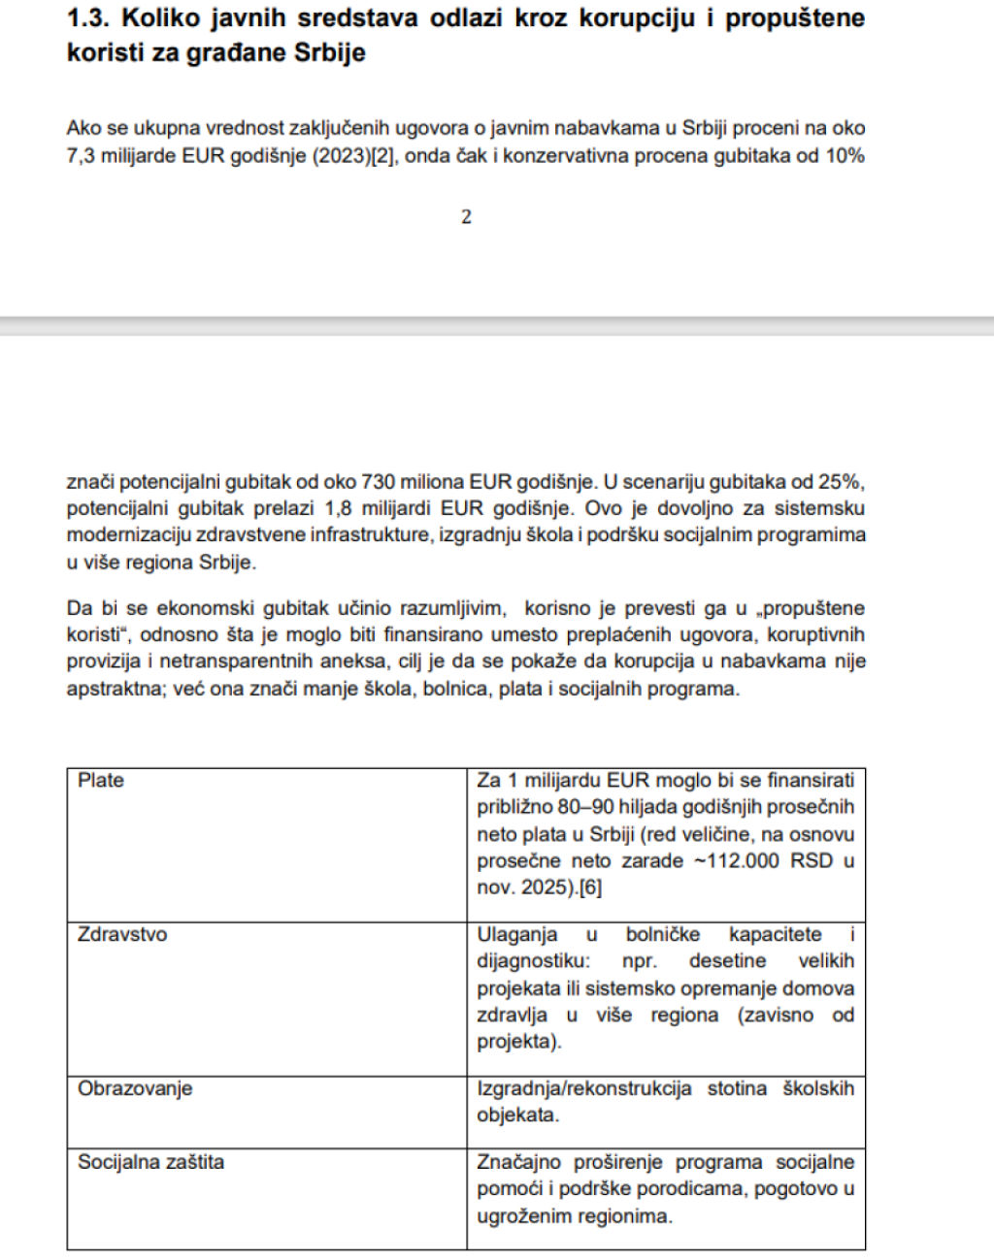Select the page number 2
466,217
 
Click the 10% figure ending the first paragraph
843,155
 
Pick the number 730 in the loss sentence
379,481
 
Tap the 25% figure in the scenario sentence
843,481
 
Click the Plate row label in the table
101,781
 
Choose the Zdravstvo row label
122,935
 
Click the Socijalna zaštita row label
150,1162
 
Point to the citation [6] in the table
590,888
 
